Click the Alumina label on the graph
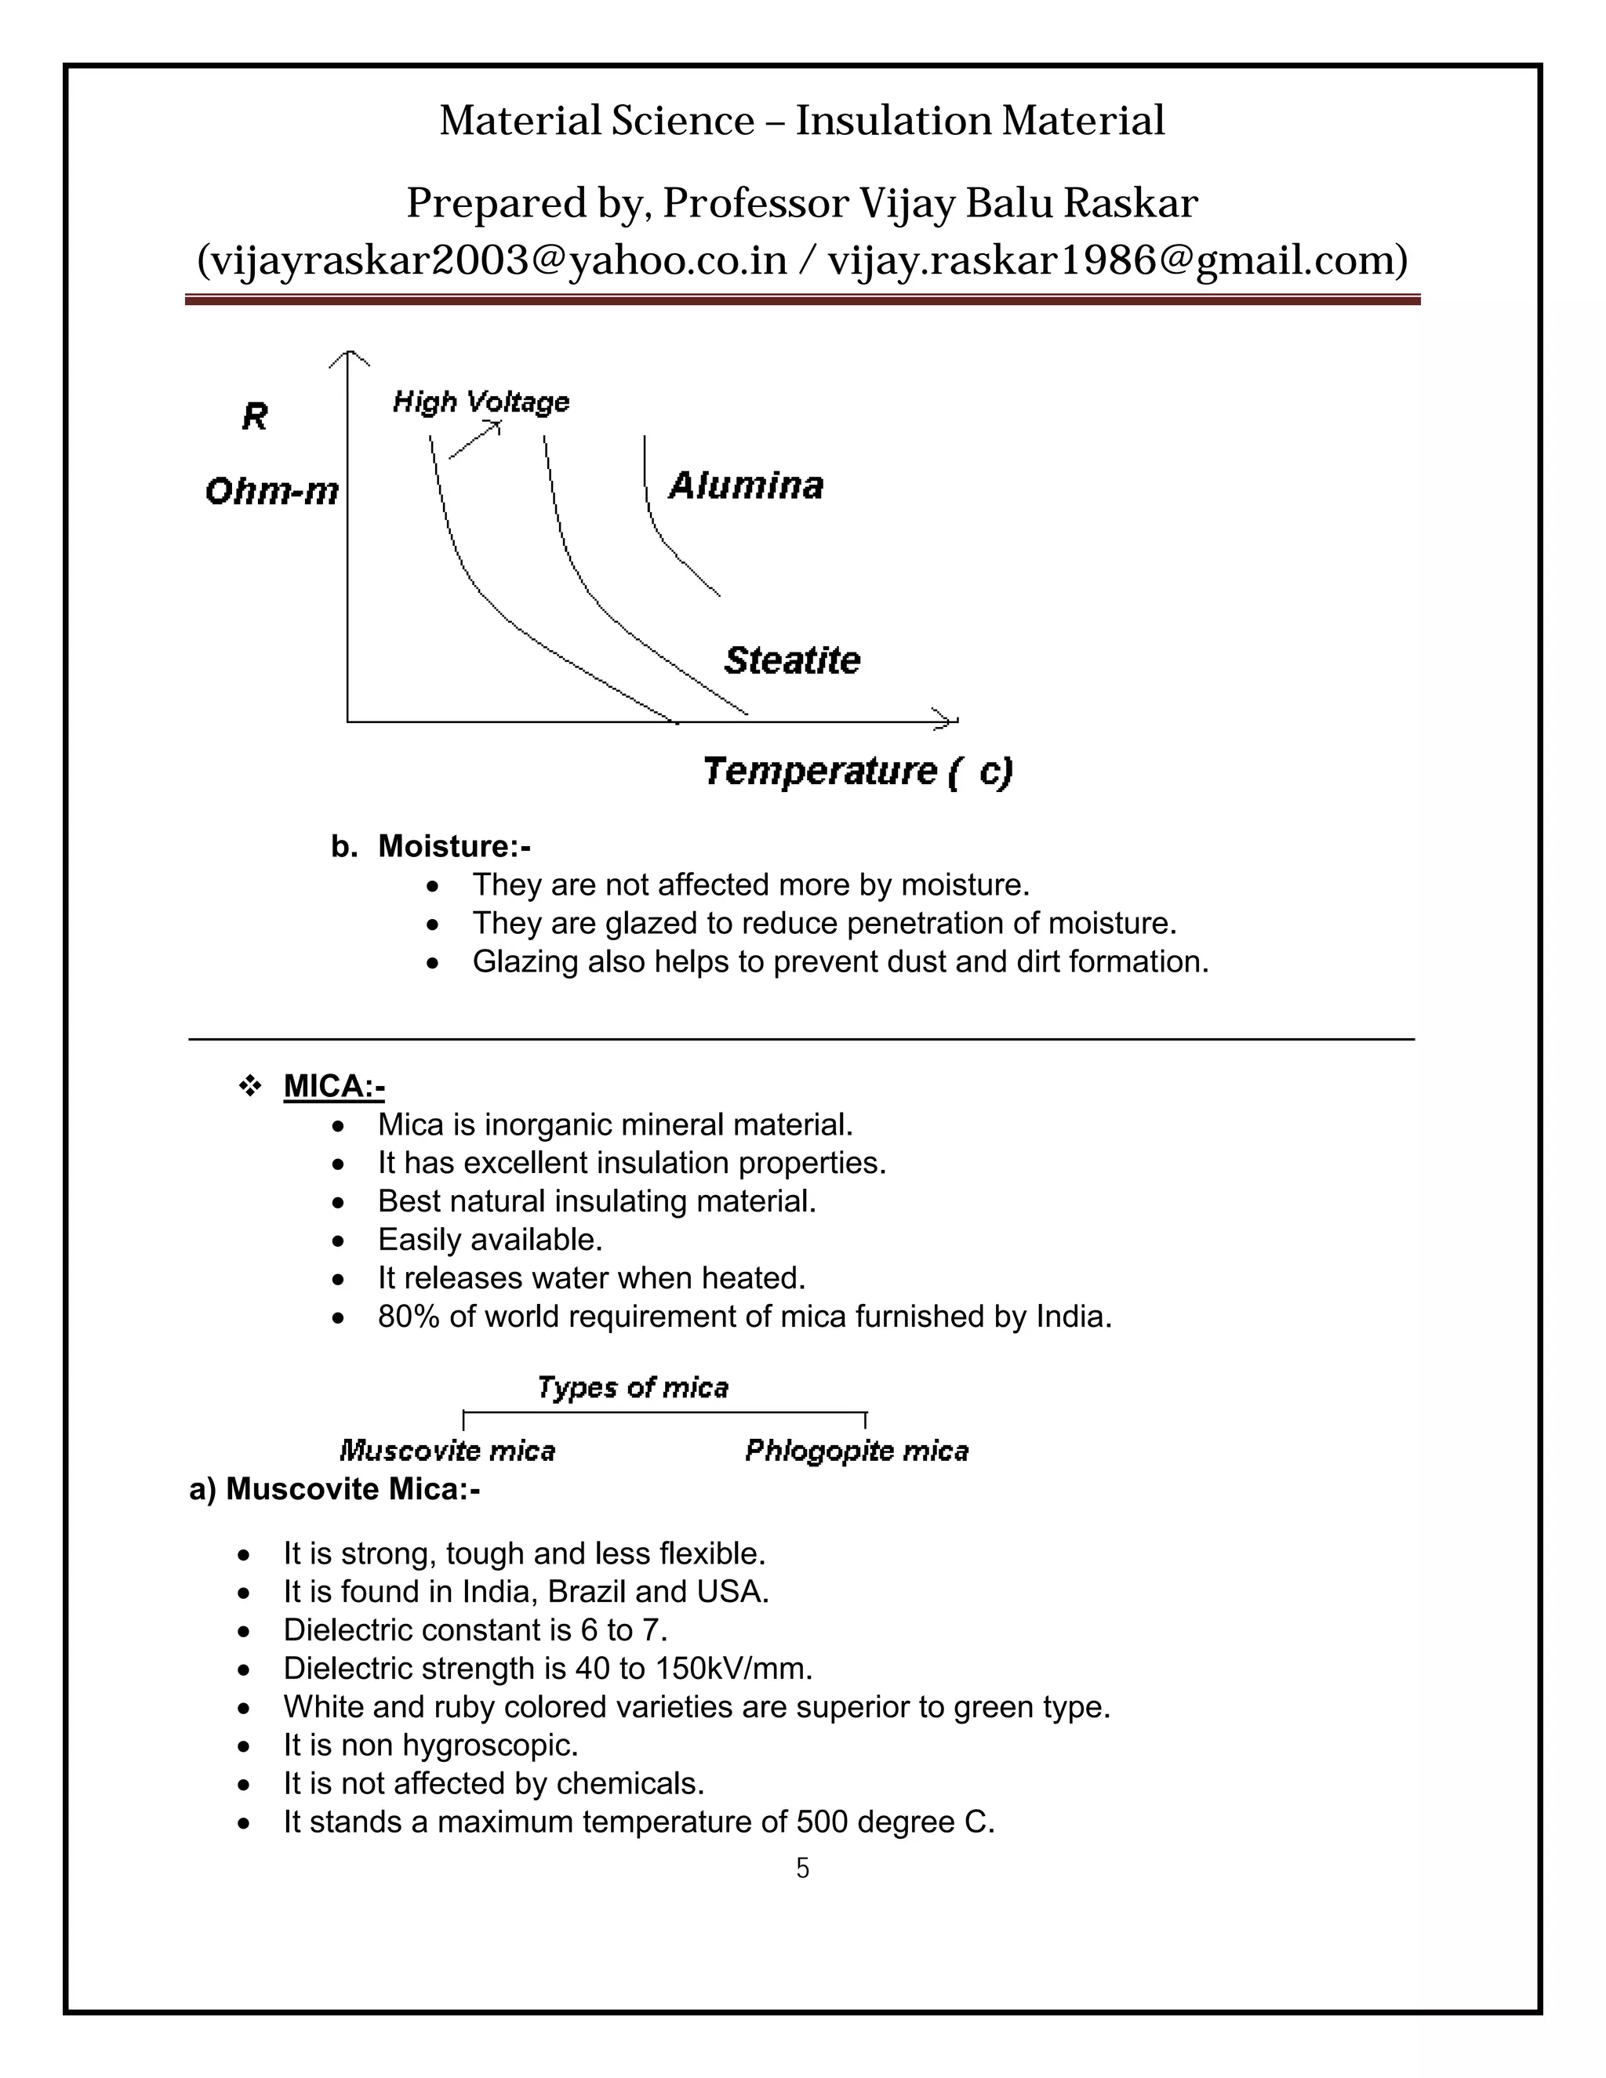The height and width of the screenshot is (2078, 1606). (745, 486)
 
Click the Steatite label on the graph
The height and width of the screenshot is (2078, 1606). (791, 660)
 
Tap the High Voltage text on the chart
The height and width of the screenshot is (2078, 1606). (481, 402)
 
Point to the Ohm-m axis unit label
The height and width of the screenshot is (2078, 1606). (271, 492)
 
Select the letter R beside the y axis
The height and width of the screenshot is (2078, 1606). (255, 416)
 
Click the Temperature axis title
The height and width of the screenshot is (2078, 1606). (857, 771)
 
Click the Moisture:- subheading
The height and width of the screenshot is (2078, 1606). (454, 846)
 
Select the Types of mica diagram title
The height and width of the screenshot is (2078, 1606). (633, 1388)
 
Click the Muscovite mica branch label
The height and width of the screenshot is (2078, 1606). (447, 1451)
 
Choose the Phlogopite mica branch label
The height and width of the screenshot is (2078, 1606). (856, 1451)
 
